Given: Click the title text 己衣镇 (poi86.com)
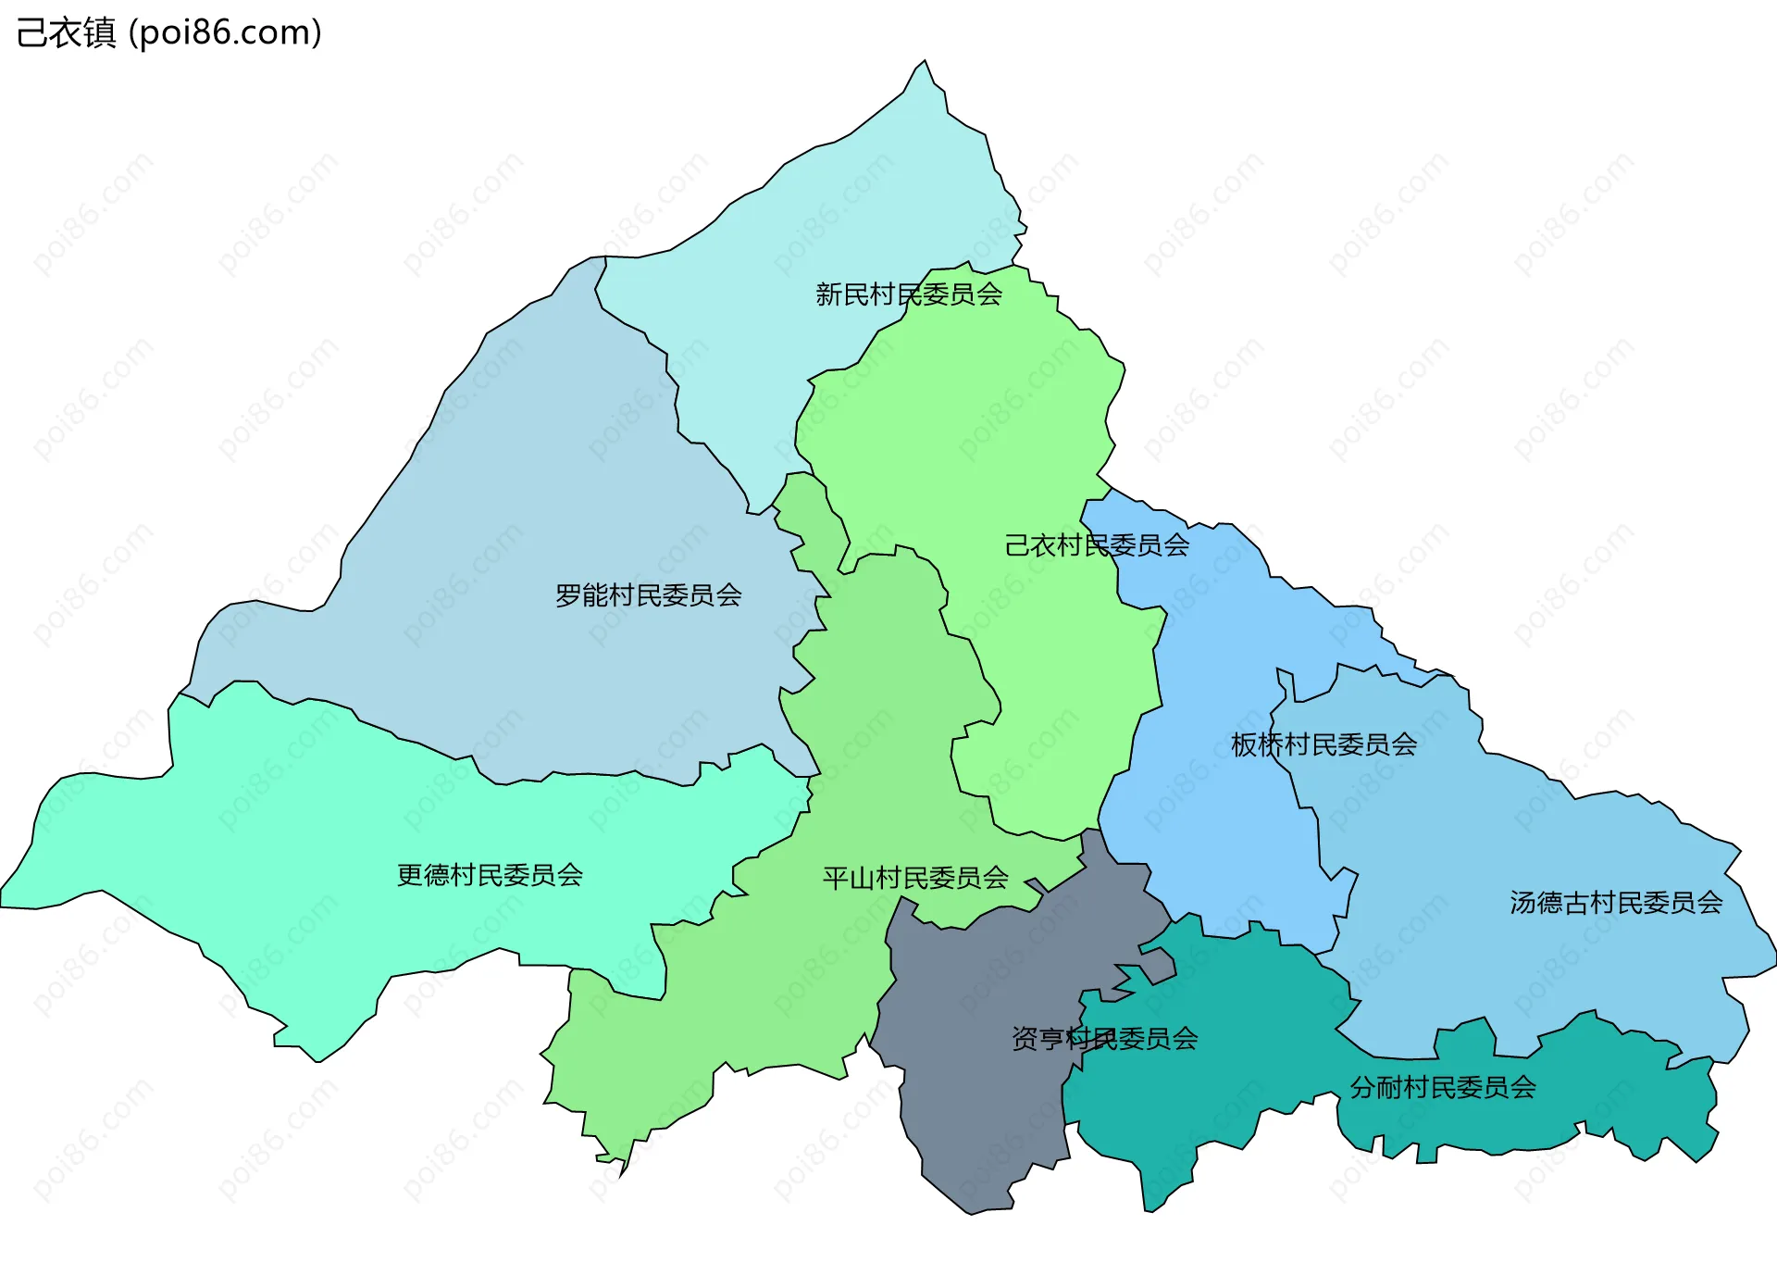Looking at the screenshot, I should click(169, 32).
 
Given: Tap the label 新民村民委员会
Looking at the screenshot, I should click(908, 294).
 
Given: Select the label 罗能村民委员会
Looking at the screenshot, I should click(648, 595).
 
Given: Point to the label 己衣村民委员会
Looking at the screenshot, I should click(1097, 545).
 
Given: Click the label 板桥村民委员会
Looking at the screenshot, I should click(1323, 744).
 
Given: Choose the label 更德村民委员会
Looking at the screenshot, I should click(490, 875).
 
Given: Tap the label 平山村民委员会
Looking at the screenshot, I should click(915, 878).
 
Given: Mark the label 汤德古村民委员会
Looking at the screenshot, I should click(1616, 903).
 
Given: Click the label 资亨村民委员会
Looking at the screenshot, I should click(1104, 1039).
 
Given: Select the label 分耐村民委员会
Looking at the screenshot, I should click(1442, 1087).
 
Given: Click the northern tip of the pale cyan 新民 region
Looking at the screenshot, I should click(924, 63).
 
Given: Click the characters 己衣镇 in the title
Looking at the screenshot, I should click(66, 32).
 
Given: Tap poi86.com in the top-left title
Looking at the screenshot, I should click(225, 32).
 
